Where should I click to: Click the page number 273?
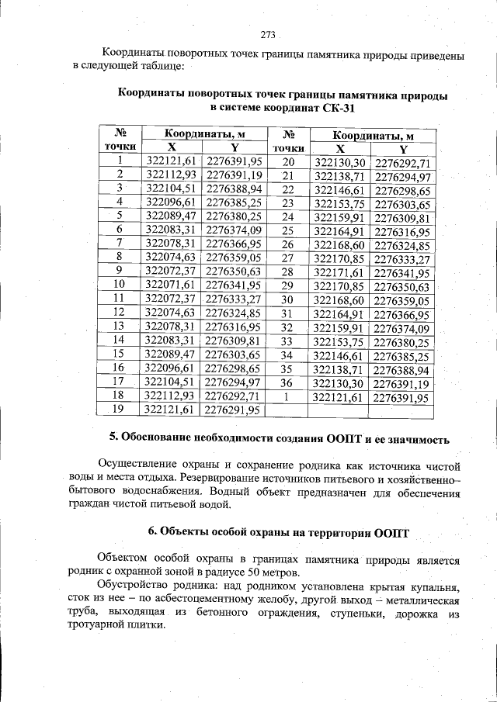(268, 35)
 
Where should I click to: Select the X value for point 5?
(171, 216)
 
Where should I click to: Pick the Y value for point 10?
(234, 285)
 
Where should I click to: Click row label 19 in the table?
(119, 408)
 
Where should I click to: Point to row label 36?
(287, 383)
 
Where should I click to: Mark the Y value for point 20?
(401, 163)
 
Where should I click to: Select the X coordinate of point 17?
(171, 382)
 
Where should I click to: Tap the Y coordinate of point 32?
(401, 328)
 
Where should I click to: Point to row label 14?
(119, 341)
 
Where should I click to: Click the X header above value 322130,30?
(339, 149)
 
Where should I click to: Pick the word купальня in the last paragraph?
(432, 586)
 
